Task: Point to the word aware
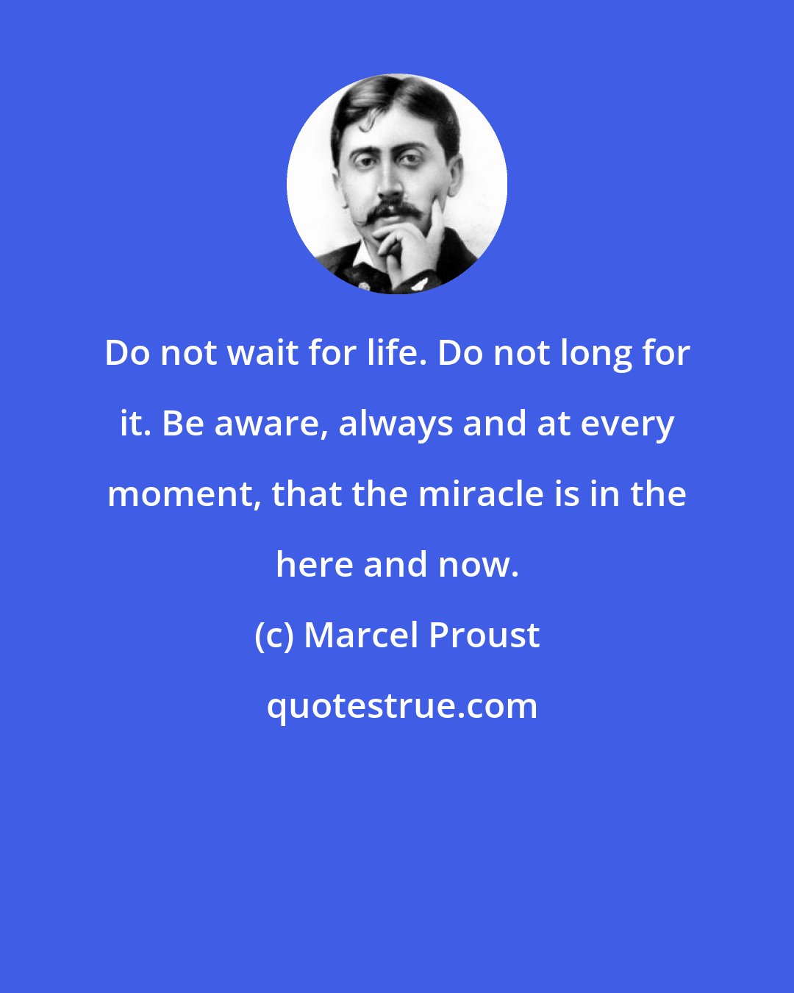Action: coord(268,424)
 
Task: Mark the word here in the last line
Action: coord(314,565)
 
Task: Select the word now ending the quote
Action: coord(477,565)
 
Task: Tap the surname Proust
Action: coord(484,636)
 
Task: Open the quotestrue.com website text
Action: coord(401,706)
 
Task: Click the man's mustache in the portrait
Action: coord(394,212)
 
